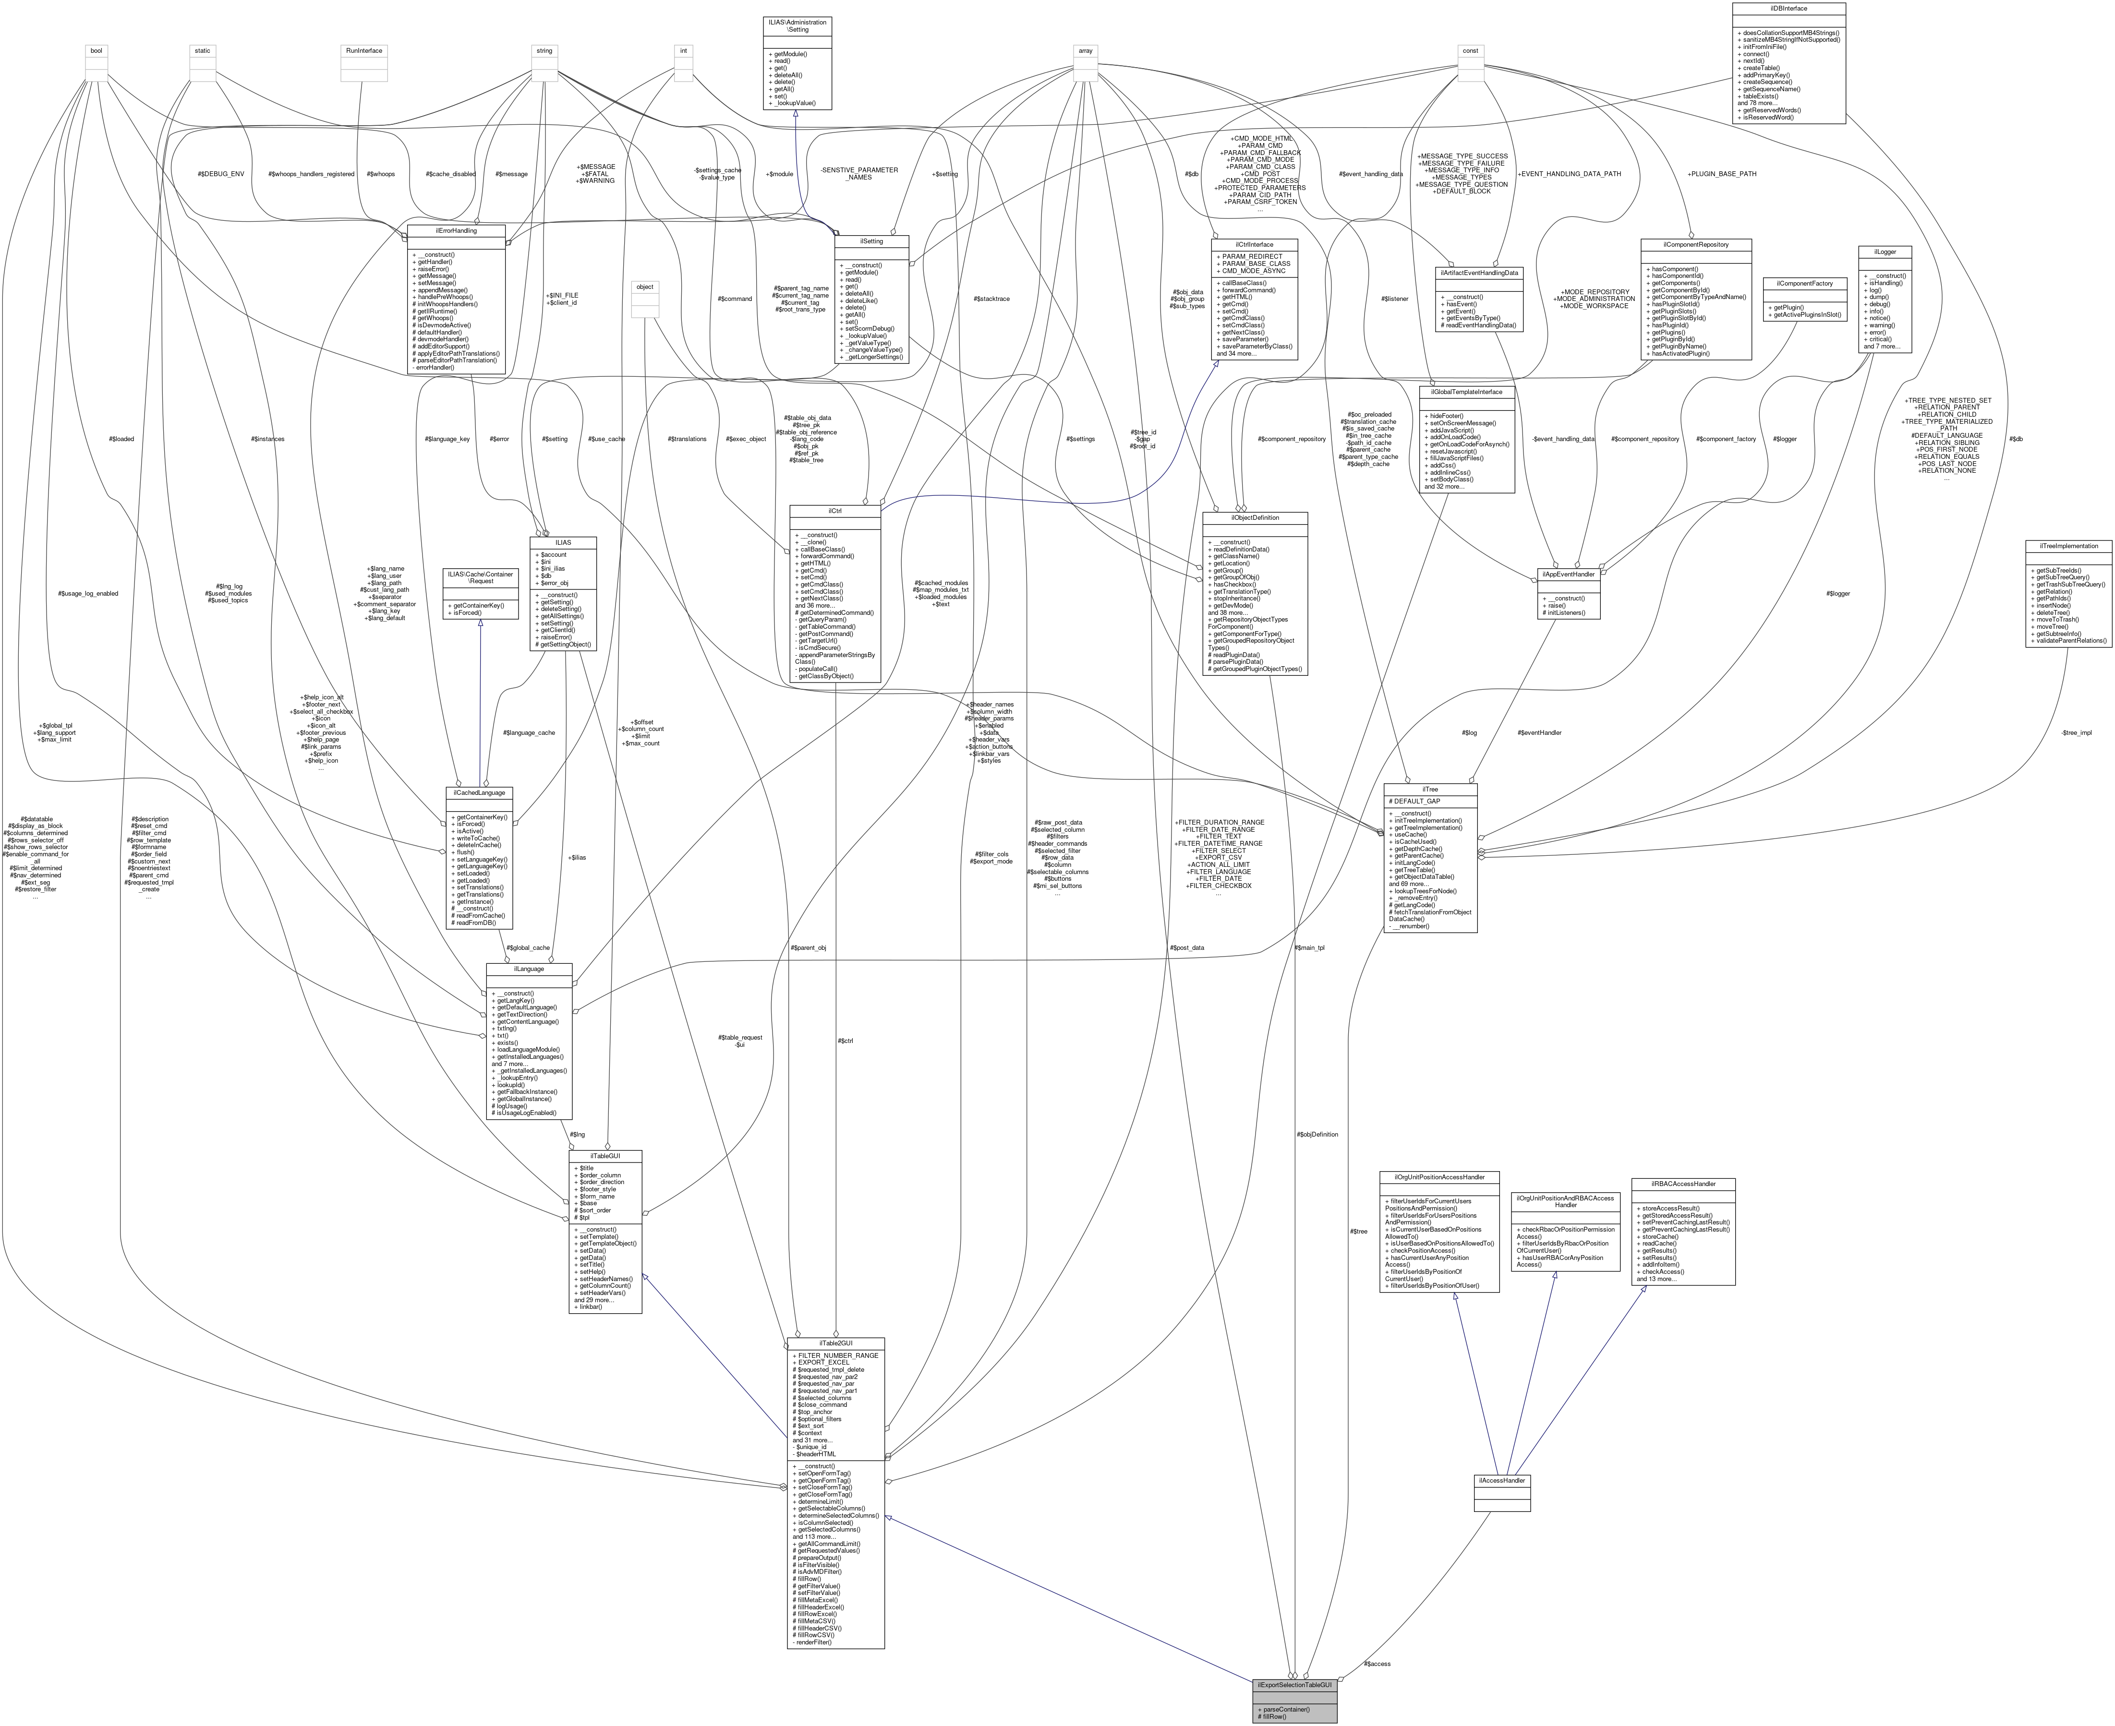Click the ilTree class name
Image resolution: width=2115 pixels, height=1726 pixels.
click(1430, 789)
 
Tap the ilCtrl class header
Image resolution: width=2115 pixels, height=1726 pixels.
click(834, 510)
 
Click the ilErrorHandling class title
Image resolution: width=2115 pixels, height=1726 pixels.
click(457, 231)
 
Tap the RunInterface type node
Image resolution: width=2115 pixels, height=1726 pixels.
click(363, 50)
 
